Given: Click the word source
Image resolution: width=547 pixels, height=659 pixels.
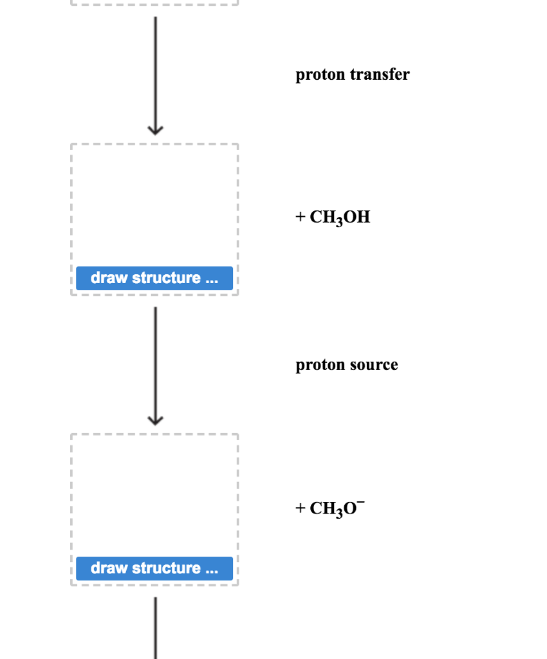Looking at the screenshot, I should [x=374, y=365].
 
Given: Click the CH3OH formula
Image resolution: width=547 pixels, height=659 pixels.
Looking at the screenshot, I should [x=340, y=218].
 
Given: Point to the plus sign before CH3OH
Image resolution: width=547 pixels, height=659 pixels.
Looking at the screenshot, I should [x=301, y=218].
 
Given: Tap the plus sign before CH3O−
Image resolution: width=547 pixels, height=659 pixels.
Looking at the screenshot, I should [x=301, y=508].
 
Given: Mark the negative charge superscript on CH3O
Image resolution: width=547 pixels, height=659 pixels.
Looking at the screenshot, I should [x=361, y=501].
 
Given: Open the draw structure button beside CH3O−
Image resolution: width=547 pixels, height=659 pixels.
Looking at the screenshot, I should [x=154, y=568].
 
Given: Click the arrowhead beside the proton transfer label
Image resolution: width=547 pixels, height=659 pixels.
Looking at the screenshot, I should [x=154, y=129].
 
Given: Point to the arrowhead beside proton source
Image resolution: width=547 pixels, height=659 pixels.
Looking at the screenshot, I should [x=154, y=420].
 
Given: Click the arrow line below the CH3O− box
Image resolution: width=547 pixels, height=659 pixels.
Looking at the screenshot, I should [x=154, y=627].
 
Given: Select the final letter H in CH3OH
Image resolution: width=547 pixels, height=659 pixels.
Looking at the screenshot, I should [x=364, y=218].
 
